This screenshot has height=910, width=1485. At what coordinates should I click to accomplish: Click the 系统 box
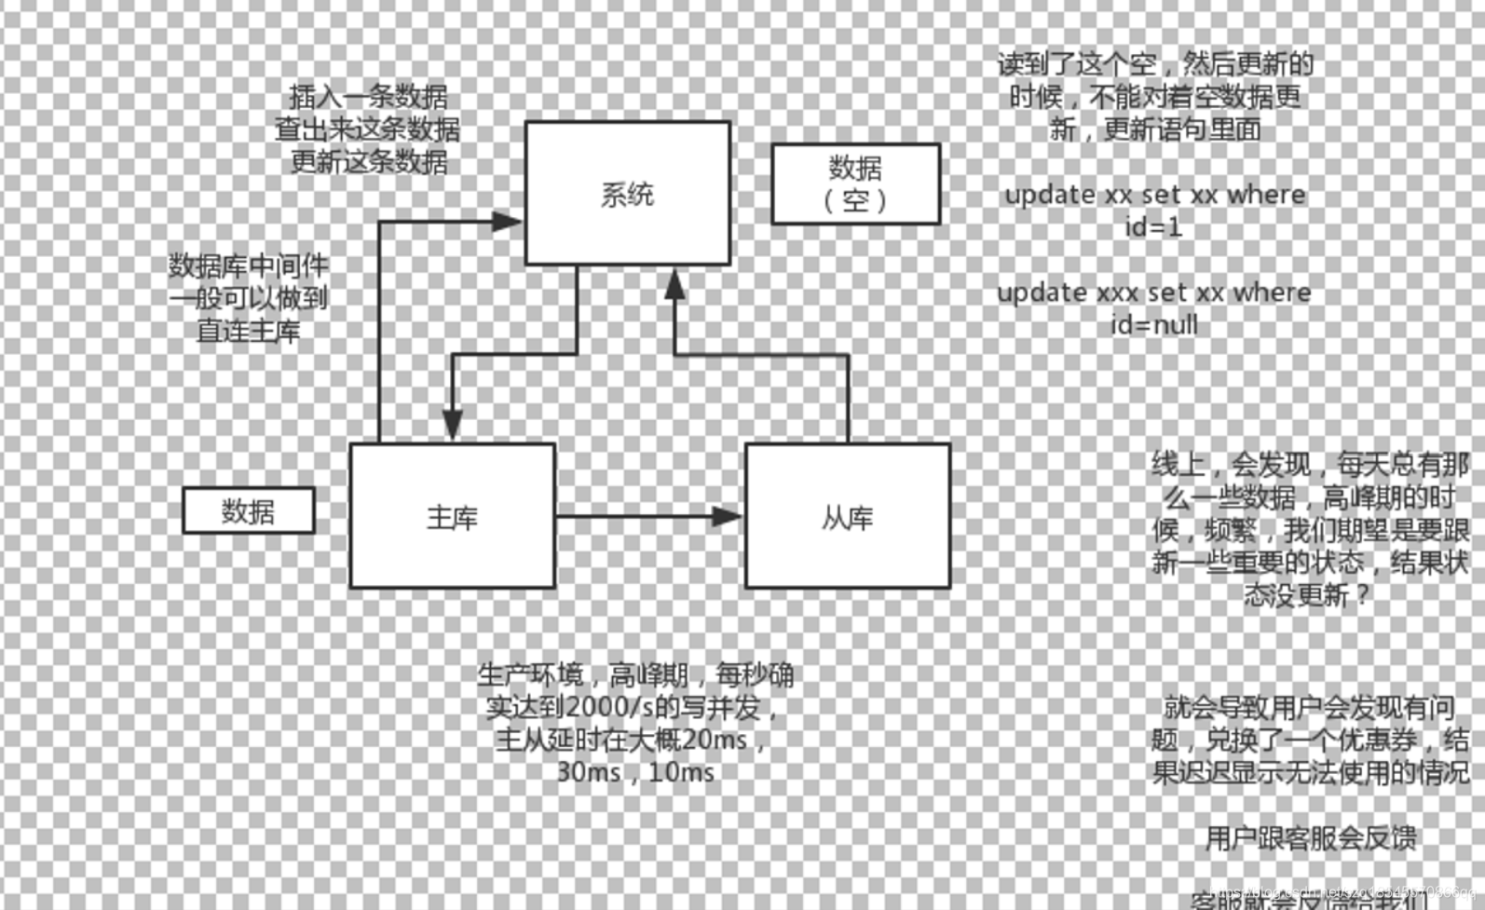coord(627,194)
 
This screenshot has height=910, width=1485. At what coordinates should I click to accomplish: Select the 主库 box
coord(452,516)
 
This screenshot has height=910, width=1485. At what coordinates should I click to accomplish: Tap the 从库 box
coord(847,516)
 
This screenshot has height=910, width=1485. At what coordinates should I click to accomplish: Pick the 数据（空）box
coord(855,184)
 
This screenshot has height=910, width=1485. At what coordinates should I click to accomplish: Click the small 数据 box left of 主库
coord(248,510)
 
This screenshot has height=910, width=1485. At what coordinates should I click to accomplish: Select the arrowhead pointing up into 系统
coord(674,284)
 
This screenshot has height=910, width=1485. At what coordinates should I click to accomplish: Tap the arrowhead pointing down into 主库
coord(453,424)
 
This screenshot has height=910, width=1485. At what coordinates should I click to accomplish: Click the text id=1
coord(1153,226)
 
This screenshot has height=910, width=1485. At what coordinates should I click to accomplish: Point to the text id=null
coord(1153,325)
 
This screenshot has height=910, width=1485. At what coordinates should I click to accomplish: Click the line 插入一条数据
coord(368,96)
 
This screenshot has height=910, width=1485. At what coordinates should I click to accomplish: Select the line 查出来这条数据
coord(367,129)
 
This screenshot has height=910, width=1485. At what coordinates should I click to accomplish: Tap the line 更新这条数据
coord(369,161)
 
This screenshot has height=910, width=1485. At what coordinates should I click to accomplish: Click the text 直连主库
coord(249,331)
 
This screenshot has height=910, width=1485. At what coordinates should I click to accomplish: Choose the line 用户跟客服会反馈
coord(1311,838)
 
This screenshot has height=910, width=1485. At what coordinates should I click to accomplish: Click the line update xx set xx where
coord(1154,195)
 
